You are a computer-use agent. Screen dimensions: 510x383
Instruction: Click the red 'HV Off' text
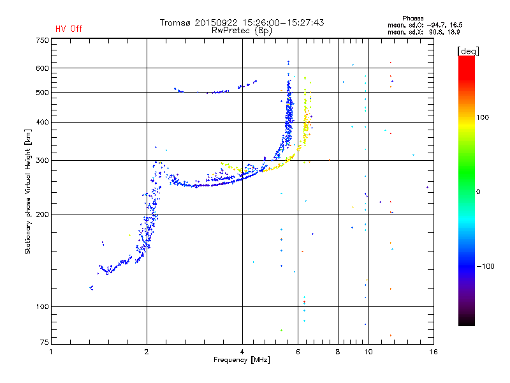pyautogui.click(x=69, y=29)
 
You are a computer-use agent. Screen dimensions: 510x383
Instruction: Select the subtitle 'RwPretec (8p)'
pyautogui.click(x=242, y=31)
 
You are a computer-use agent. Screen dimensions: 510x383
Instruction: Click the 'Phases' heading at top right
pyautogui.click(x=412, y=19)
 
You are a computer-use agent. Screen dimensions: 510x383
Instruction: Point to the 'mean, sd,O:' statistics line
pyautogui.click(x=425, y=25)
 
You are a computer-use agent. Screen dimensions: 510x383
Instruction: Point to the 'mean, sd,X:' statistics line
pyautogui.click(x=424, y=32)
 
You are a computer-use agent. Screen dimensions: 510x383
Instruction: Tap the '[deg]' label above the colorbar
pyautogui.click(x=468, y=51)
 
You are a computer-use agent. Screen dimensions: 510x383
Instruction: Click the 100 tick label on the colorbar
pyautogui.click(x=483, y=117)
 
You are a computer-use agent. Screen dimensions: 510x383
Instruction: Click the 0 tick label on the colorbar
pyautogui.click(x=478, y=192)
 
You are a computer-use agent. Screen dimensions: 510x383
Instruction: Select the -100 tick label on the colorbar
pyautogui.click(x=486, y=266)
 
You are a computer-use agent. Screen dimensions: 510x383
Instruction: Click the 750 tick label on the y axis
pyautogui.click(x=42, y=40)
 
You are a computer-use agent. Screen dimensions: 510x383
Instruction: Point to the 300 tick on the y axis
pyautogui.click(x=42, y=161)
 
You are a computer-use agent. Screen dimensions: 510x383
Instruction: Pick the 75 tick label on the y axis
pyautogui.click(x=45, y=342)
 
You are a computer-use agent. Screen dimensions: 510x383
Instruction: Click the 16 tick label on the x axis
pyautogui.click(x=433, y=352)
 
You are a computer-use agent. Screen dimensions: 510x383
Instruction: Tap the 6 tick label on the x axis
pyautogui.click(x=298, y=352)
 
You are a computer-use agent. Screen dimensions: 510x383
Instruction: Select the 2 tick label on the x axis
pyautogui.click(x=147, y=352)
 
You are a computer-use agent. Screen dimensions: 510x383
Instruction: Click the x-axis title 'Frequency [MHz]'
pyautogui.click(x=242, y=360)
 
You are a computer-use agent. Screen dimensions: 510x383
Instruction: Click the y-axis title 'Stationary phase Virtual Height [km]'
pyautogui.click(x=27, y=192)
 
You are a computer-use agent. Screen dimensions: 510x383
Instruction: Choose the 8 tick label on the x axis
pyautogui.click(x=338, y=352)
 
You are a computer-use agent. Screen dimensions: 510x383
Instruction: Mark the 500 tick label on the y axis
pyautogui.click(x=42, y=93)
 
